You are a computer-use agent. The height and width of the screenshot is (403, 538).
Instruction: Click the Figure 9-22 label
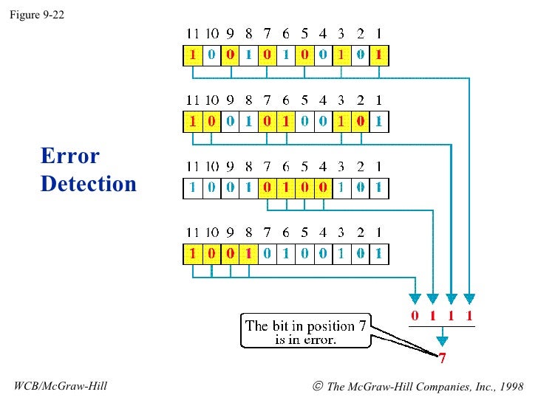36,13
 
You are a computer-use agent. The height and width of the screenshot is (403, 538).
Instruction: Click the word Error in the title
70,156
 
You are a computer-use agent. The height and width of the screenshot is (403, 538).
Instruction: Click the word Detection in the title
89,183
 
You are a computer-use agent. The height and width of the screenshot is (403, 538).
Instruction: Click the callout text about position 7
307,331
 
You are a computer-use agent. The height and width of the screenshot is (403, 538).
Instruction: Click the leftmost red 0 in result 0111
415,317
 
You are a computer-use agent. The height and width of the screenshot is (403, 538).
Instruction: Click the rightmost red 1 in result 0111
469,317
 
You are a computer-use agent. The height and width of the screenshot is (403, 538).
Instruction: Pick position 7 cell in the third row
267,187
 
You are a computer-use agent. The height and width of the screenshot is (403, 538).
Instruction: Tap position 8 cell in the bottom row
248,254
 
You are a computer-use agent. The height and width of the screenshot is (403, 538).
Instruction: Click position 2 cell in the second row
359,121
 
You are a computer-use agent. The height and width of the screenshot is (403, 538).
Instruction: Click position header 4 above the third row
322,167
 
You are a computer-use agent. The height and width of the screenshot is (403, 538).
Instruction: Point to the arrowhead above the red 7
442,342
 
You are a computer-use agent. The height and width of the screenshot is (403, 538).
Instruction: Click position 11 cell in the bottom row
192,254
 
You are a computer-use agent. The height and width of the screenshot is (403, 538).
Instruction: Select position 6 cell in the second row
285,121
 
